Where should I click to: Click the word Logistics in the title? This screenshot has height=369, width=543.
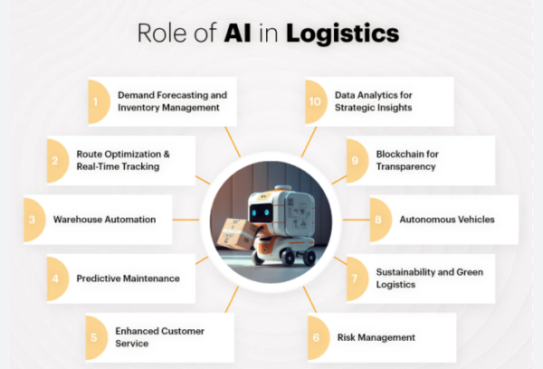point(342,33)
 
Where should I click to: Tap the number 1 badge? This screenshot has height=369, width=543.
point(95,100)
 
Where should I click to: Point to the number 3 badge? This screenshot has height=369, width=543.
point(33,220)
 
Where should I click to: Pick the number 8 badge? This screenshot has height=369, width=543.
point(378,220)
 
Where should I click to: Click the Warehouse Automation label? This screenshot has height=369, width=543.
point(104,220)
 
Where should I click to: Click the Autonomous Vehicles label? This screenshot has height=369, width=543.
point(446,220)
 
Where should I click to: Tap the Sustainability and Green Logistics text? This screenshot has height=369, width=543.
point(422,279)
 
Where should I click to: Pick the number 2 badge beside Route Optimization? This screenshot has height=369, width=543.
point(55,160)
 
